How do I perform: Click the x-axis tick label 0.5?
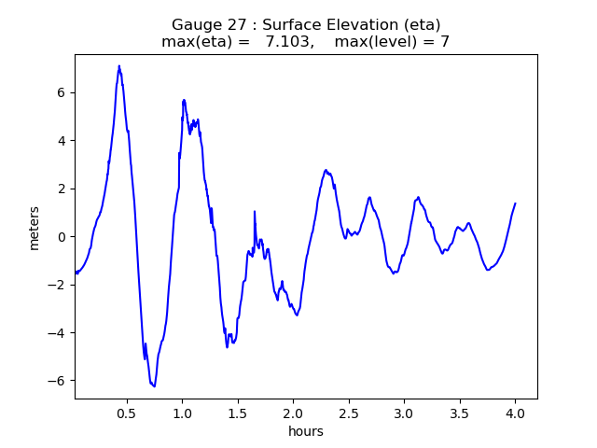(x=127, y=412)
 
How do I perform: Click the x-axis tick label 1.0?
(x=182, y=412)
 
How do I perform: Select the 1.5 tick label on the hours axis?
(x=238, y=412)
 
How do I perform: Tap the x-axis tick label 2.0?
(x=293, y=412)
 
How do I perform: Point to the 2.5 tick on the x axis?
(x=349, y=412)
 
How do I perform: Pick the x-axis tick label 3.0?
(x=404, y=412)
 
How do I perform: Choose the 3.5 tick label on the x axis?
(x=460, y=412)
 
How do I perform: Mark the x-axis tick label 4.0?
(x=515, y=412)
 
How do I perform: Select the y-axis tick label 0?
(x=62, y=236)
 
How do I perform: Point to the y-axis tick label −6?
(x=59, y=381)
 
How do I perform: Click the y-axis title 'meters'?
(x=35, y=227)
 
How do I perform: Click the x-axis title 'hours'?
(x=306, y=431)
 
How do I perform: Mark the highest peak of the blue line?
(x=119, y=66)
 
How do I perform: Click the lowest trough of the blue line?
(x=154, y=385)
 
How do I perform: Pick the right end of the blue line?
(x=515, y=203)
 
